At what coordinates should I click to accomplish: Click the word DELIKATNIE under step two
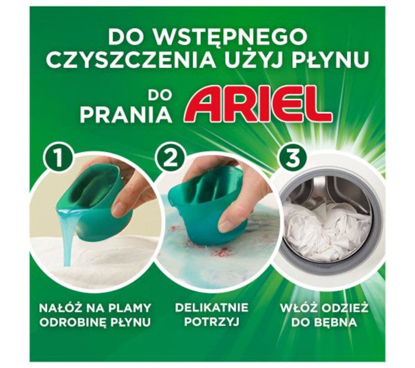point(208,308)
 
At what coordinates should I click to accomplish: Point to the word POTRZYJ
point(208,323)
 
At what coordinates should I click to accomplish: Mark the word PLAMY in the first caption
point(126,308)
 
